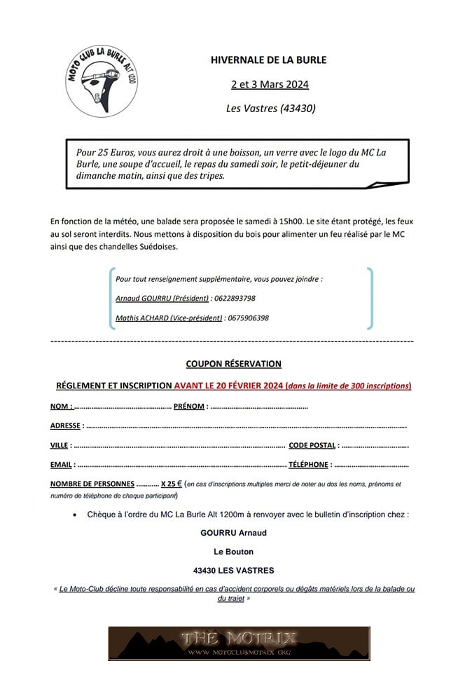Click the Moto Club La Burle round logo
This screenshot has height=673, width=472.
102,82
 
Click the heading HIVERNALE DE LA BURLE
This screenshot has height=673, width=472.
269,60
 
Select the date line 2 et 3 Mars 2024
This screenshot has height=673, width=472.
270,85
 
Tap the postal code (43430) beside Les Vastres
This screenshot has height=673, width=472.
298,109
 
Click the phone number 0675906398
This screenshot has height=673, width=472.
247,318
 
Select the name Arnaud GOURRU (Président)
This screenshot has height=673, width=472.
162,298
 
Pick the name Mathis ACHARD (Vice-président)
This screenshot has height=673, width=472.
169,318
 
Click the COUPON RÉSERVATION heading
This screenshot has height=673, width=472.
233,364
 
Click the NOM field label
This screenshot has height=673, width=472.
61,407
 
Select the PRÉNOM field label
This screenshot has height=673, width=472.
189,407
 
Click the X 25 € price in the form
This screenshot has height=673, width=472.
172,484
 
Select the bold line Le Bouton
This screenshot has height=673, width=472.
234,552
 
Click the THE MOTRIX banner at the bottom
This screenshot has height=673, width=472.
240,644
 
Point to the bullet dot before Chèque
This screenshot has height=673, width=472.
75,515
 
